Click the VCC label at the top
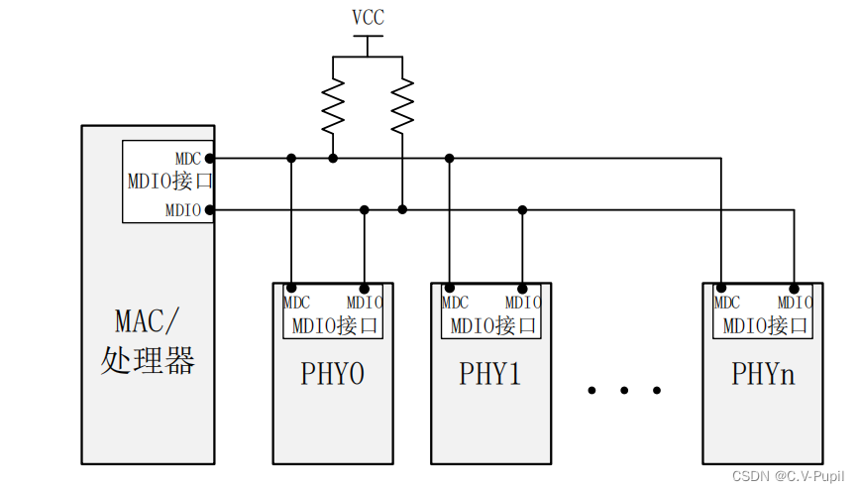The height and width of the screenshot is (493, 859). point(368,18)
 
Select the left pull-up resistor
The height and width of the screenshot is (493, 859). point(333,106)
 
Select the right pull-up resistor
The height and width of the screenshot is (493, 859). point(402,106)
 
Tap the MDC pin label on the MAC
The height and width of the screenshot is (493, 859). point(188,159)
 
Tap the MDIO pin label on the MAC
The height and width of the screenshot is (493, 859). point(183,210)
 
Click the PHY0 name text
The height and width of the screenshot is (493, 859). point(332,374)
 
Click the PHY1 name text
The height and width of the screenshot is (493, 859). point(489,374)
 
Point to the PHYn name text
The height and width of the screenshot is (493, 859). point(763,374)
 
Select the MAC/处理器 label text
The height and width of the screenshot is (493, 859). point(148,341)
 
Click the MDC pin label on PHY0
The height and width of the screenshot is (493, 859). point(296,303)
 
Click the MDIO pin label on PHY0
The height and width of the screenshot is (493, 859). point(364,303)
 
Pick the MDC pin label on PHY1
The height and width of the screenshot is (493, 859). point(455,303)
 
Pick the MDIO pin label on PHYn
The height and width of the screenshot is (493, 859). point(795,303)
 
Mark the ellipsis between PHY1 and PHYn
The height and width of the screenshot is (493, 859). point(623,391)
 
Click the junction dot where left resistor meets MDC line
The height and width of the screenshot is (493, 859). point(333,158)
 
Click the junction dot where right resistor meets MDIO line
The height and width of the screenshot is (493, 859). point(402,209)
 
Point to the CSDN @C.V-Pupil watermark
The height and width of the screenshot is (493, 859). point(788,477)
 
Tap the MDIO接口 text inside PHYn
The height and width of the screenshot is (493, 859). point(764,325)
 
